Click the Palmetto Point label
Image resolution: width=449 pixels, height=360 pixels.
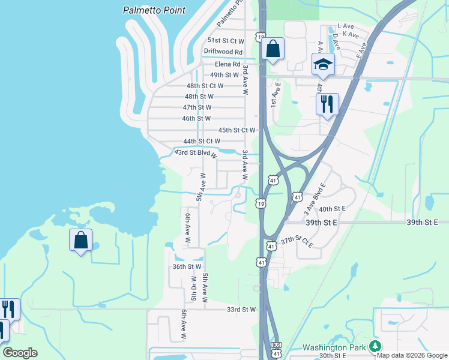[x=154, y=10]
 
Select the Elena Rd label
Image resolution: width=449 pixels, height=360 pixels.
[x=229, y=64]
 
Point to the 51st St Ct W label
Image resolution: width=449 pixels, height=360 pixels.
[x=226, y=41]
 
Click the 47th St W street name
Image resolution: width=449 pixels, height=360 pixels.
[x=197, y=107]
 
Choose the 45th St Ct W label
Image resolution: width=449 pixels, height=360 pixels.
[x=237, y=130]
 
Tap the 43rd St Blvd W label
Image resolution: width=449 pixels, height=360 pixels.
[x=196, y=154]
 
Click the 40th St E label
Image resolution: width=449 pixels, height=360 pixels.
[x=332, y=209]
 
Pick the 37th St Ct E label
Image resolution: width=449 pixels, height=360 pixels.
[x=297, y=241]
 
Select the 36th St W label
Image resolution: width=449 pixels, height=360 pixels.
[x=187, y=266]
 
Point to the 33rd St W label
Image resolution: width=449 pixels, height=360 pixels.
[x=241, y=310]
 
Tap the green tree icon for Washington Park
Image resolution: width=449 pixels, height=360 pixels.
[x=375, y=346]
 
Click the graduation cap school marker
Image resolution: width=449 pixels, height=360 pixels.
[x=323, y=64]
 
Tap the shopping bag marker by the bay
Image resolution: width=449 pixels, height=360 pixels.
[x=80, y=241]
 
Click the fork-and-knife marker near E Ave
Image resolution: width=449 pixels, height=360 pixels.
[x=327, y=103]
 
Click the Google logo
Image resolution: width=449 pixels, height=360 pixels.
[x=20, y=353]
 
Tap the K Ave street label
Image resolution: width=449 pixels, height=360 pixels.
[x=352, y=36]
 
